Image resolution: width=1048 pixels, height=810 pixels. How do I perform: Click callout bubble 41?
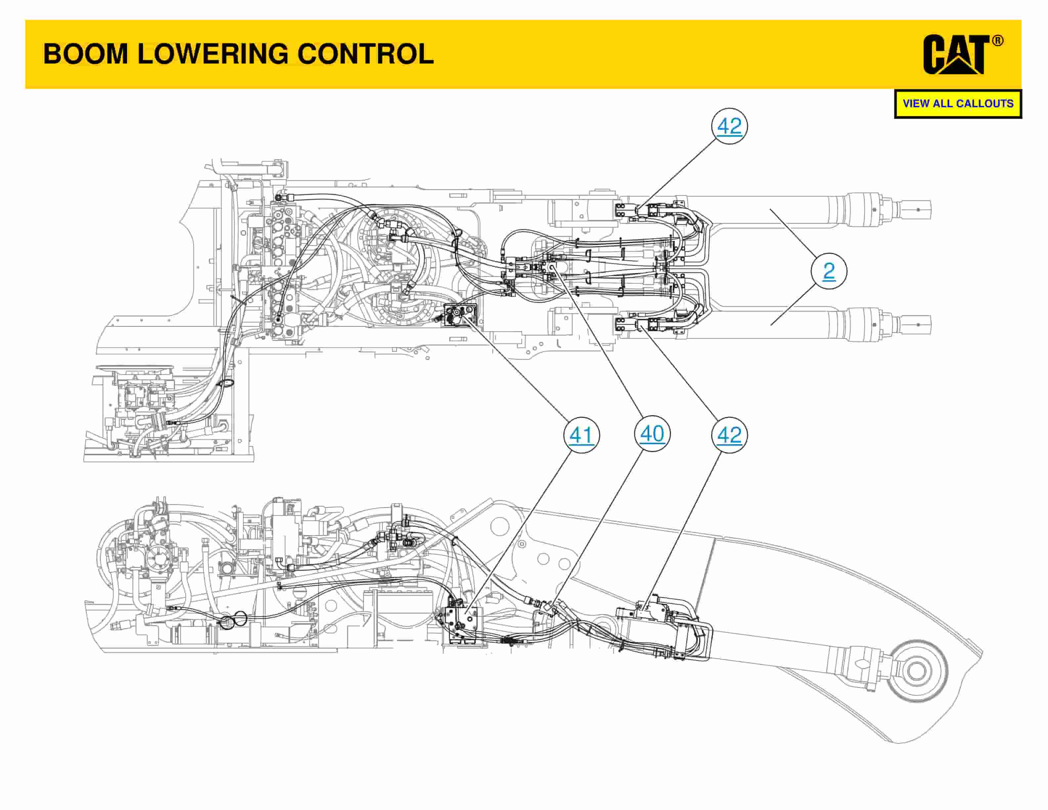581,435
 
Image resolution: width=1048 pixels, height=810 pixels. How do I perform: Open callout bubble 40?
652,434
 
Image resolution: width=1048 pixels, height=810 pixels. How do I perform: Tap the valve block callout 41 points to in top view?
460,315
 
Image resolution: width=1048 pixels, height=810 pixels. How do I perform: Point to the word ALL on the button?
944,104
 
